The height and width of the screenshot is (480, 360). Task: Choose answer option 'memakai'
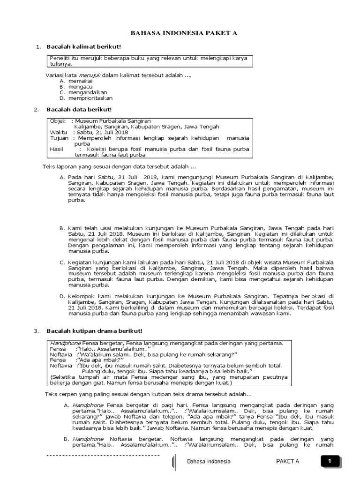[81, 81]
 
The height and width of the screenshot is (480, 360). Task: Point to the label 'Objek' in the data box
[58, 121]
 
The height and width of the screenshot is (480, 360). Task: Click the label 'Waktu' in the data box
[59, 132]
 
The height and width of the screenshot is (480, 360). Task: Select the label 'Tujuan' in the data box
[59, 138]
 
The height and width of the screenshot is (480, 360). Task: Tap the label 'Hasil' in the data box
[56, 149]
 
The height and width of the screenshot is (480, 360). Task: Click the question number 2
[36, 110]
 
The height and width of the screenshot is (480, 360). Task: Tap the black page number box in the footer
[330, 461]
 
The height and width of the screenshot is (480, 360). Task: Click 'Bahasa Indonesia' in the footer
[209, 461]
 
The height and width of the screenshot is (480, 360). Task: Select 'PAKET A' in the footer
[287, 461]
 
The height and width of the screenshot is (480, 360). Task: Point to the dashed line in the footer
[103, 455]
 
